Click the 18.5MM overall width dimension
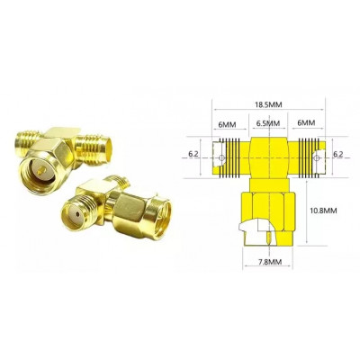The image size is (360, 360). click(268, 104)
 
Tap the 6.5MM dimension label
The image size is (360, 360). click(268, 123)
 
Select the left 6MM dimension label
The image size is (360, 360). click(227, 124)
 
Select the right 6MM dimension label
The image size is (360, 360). click(306, 122)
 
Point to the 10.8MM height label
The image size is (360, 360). click(323, 211)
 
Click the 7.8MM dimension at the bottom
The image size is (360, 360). click(268, 262)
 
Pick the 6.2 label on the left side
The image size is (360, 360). click(193, 154)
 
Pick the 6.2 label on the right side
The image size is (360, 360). click(337, 154)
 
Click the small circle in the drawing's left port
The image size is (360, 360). click(221, 157)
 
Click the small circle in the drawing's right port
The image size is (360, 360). click(317, 157)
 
